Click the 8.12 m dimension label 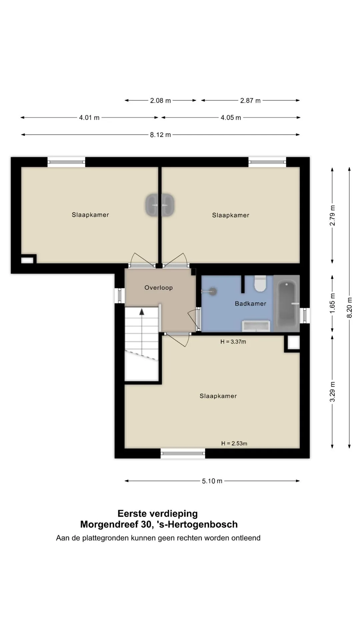pos(160,135)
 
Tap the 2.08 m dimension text pos(160,100)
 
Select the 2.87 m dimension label pos(250,100)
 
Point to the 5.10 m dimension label pos(212,481)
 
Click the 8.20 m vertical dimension pos(350,307)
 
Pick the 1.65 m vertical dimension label pos(332,303)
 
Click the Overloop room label pos(159,288)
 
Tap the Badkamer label pos(251,303)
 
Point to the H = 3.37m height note pos(233,342)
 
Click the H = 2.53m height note pos(234,443)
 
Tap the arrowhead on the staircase pos(142,312)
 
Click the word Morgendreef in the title pos(108,524)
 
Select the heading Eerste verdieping pos(158,513)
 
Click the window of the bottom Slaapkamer pos(183,453)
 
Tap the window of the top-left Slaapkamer pos(66,162)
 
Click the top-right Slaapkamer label pos(231,215)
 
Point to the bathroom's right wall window pos(305,315)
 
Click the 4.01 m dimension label pos(89,118)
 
